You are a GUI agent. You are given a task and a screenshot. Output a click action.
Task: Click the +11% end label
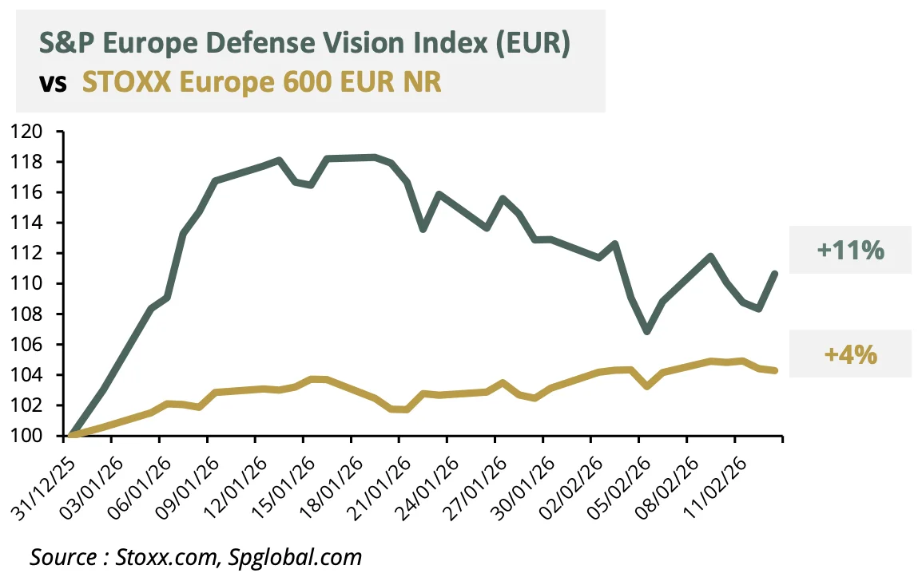point(850,251)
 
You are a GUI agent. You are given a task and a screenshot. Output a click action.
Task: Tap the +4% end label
point(850,354)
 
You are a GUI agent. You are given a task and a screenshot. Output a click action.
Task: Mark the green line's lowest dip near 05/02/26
point(647,331)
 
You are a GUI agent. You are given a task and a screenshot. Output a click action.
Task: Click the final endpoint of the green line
point(774,274)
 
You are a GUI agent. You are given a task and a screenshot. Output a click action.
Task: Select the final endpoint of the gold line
point(774,370)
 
